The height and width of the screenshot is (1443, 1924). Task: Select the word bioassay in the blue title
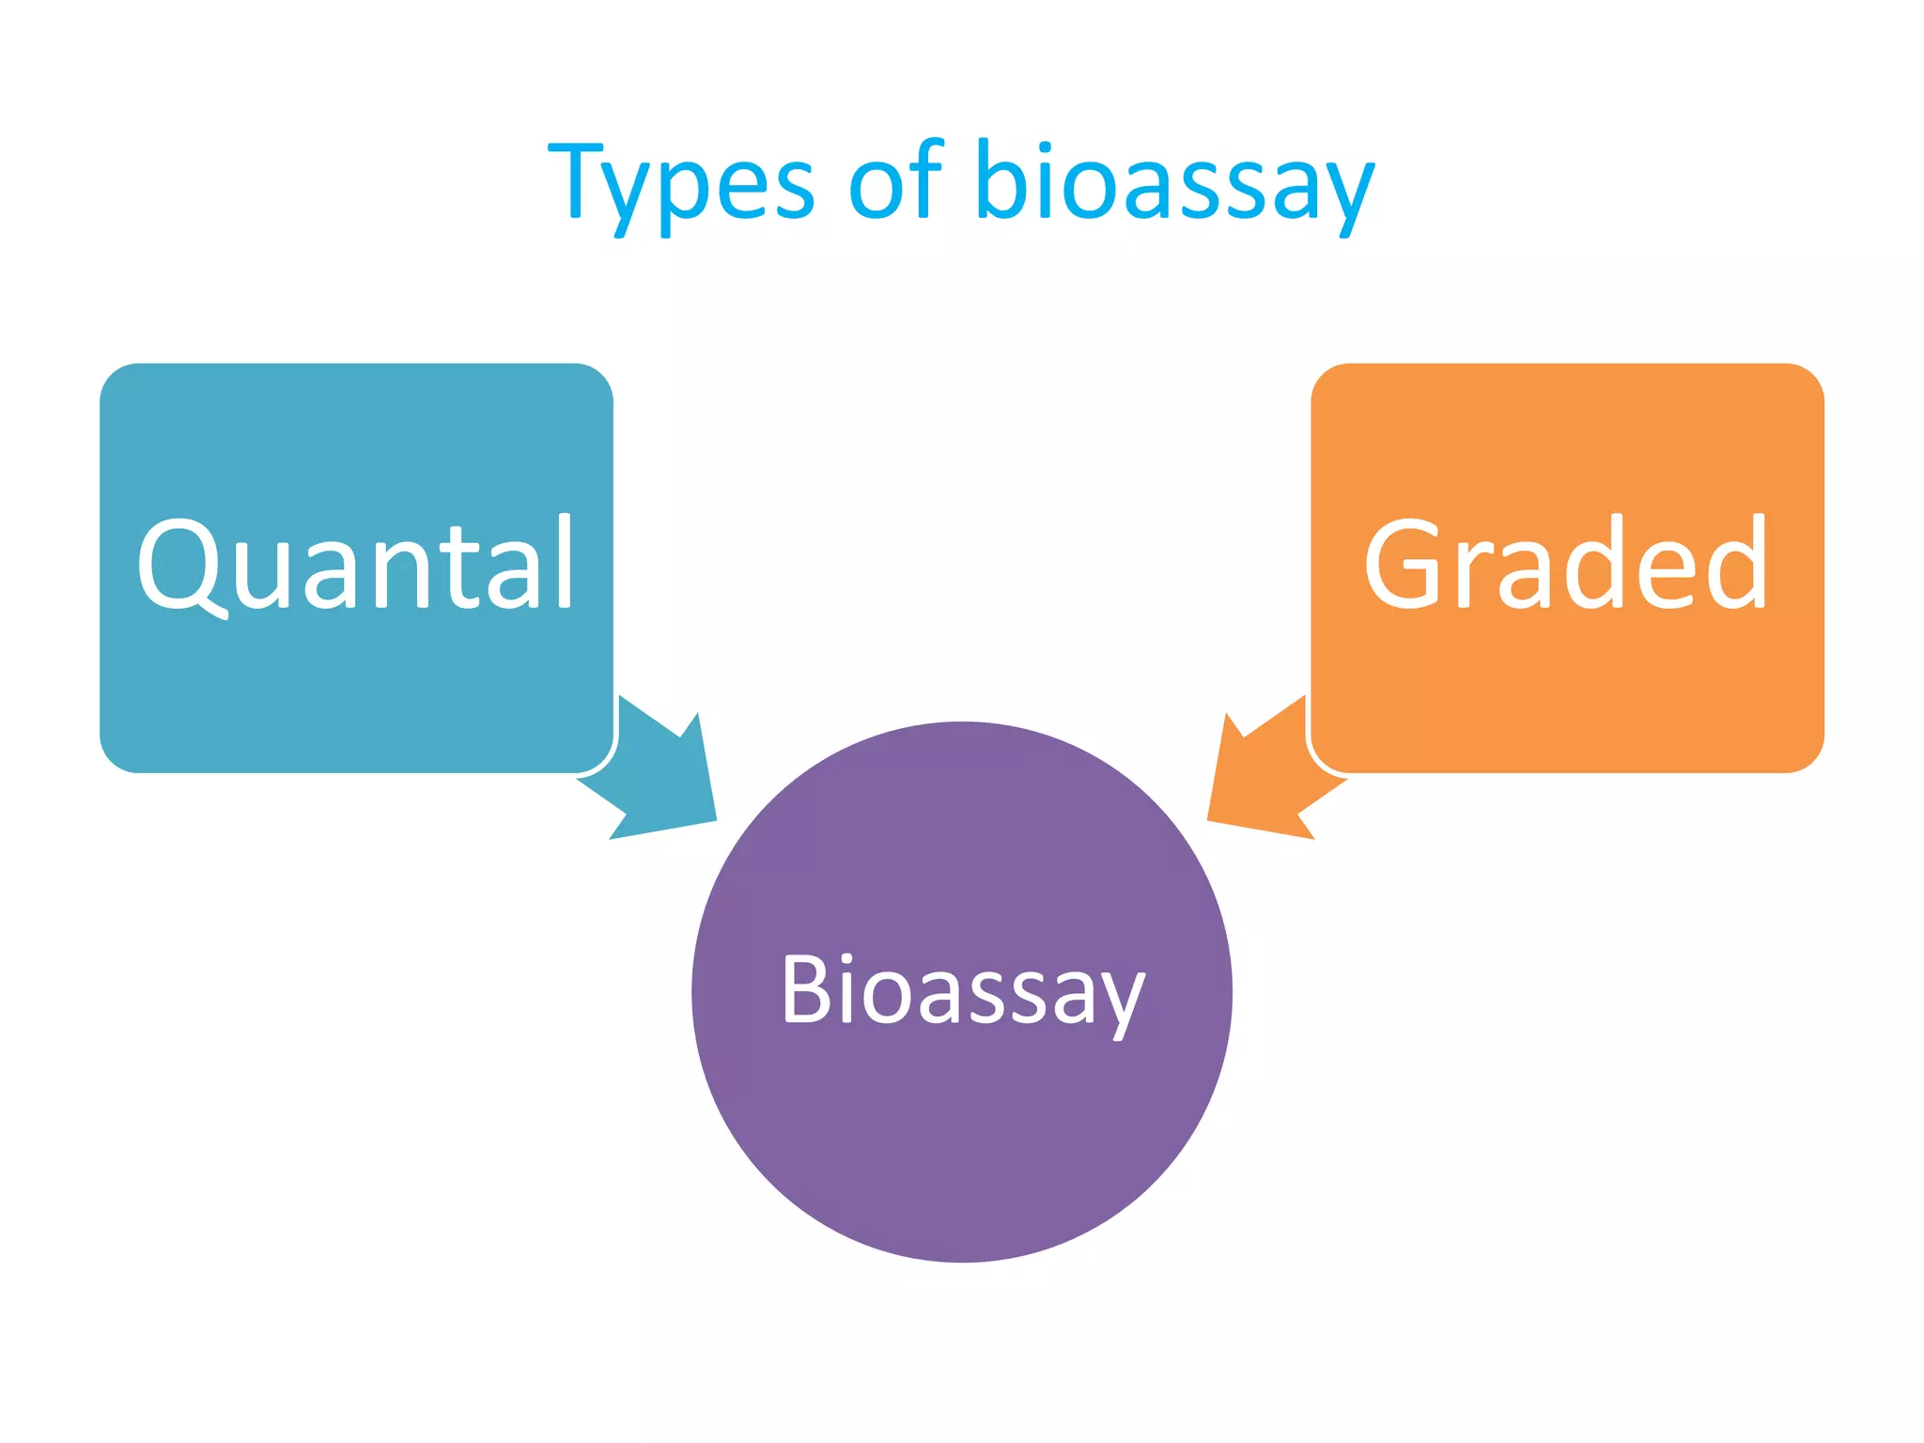click(x=1174, y=183)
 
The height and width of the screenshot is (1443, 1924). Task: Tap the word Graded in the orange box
click(x=1566, y=564)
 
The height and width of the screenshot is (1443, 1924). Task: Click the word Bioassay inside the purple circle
click(x=962, y=991)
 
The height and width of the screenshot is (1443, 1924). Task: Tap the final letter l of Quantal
click(x=565, y=562)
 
